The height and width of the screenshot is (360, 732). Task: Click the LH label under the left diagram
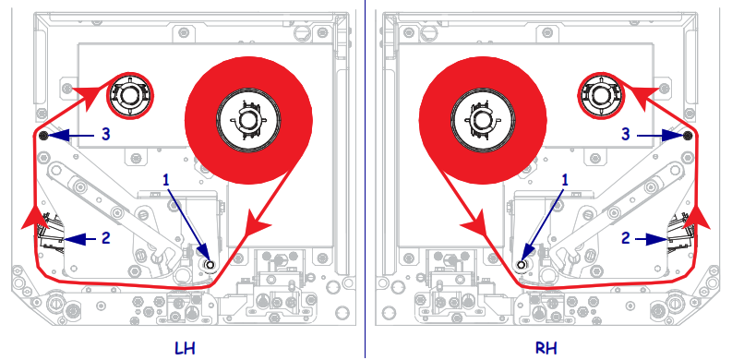[x=185, y=347]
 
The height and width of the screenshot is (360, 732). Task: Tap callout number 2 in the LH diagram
[x=105, y=237]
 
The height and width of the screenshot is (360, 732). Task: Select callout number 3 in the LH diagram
[x=106, y=135]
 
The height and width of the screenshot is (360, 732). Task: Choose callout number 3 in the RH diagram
[x=626, y=135]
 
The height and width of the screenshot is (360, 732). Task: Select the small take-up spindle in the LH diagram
[x=127, y=93]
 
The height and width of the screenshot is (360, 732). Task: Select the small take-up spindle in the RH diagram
[x=603, y=93]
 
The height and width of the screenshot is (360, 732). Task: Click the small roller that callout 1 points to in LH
[x=210, y=264]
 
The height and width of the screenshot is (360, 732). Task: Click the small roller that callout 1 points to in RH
[x=521, y=264]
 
